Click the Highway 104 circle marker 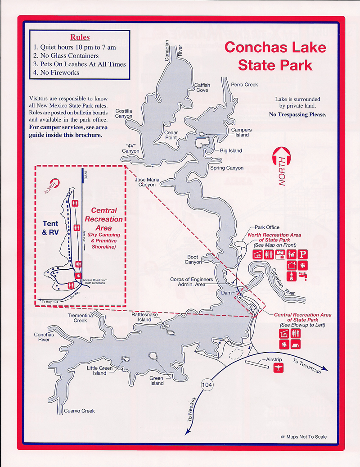tap(207, 385)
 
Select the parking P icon tap(303, 255)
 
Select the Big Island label tap(231, 151)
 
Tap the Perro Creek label tap(244, 85)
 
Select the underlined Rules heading tap(80, 37)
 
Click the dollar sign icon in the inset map tap(78, 275)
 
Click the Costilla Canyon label tap(124, 113)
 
